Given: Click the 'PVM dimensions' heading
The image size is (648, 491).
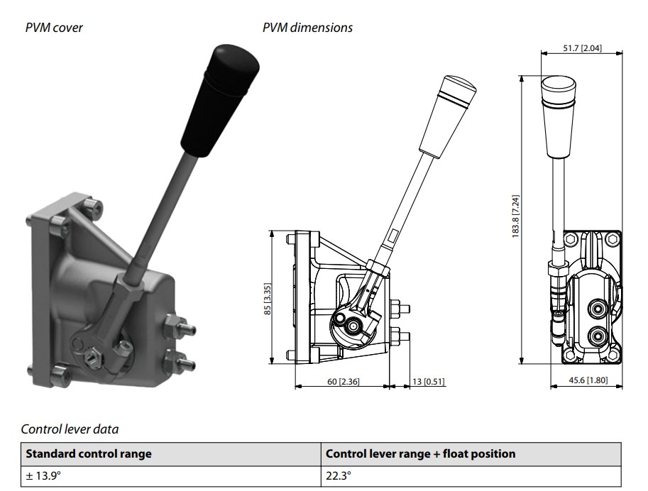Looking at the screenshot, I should click(x=307, y=28).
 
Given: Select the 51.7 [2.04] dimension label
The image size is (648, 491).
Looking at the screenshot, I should click(x=581, y=48).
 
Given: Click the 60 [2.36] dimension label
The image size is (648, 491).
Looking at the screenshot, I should click(x=343, y=382).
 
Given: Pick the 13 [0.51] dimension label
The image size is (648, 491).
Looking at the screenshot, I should click(x=429, y=382).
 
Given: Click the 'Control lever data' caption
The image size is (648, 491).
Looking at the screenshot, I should click(x=70, y=429).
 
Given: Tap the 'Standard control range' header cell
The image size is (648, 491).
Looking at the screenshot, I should click(x=89, y=453).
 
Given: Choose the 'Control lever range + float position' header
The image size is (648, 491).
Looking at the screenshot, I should click(x=420, y=453).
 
